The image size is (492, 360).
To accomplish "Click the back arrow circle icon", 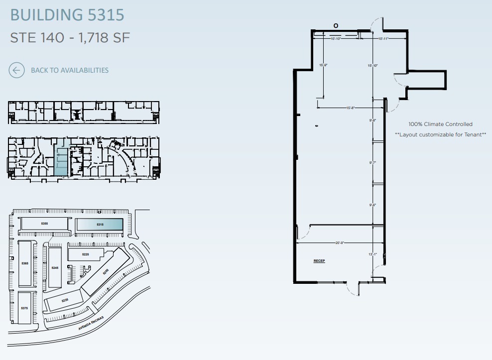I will (16, 70).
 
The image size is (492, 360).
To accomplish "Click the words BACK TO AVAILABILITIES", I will (70, 70).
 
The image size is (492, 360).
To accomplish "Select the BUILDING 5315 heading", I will (67, 15).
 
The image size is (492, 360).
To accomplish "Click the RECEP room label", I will (319, 261).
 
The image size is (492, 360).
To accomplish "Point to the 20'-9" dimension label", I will (340, 243).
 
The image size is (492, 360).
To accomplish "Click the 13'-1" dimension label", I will (372, 254).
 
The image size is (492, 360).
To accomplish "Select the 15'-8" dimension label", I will (351, 108).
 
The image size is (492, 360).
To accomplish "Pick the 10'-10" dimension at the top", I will (336, 38).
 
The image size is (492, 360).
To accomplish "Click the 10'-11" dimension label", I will (383, 38).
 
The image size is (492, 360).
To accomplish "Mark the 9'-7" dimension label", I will (372, 162).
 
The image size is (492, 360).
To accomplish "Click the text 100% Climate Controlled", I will (440, 124).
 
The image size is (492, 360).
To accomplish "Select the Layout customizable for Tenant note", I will (440, 134).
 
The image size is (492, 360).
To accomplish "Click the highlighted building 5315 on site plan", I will (100, 225).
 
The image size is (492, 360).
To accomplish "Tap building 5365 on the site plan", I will (25, 262).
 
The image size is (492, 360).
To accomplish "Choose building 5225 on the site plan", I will (85, 254).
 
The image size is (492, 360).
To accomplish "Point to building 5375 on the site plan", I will (25, 308).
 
